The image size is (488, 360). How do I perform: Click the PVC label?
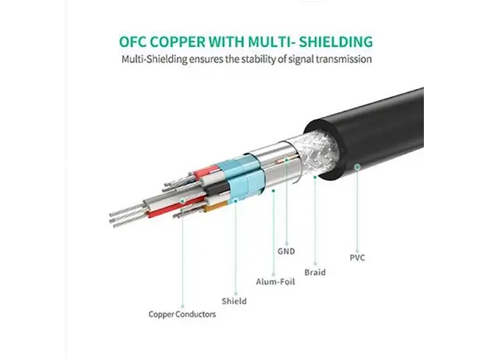pyautogui.click(x=357, y=257)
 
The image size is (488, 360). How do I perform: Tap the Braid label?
pyautogui.click(x=315, y=274)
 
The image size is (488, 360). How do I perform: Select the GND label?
pyautogui.click(x=287, y=253)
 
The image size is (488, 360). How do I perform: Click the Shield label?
pyautogui.click(x=234, y=301)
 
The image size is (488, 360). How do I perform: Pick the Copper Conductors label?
pyautogui.click(x=181, y=315)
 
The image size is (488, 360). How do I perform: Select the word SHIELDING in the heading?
pyautogui.click(x=329, y=41)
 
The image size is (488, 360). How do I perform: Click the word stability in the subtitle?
pyautogui.click(x=249, y=59)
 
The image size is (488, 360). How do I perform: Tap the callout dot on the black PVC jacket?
pyautogui.click(x=357, y=165)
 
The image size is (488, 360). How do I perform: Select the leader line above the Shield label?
pyautogui.click(x=234, y=250)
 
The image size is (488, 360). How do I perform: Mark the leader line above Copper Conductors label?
pyautogui.click(x=181, y=258)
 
